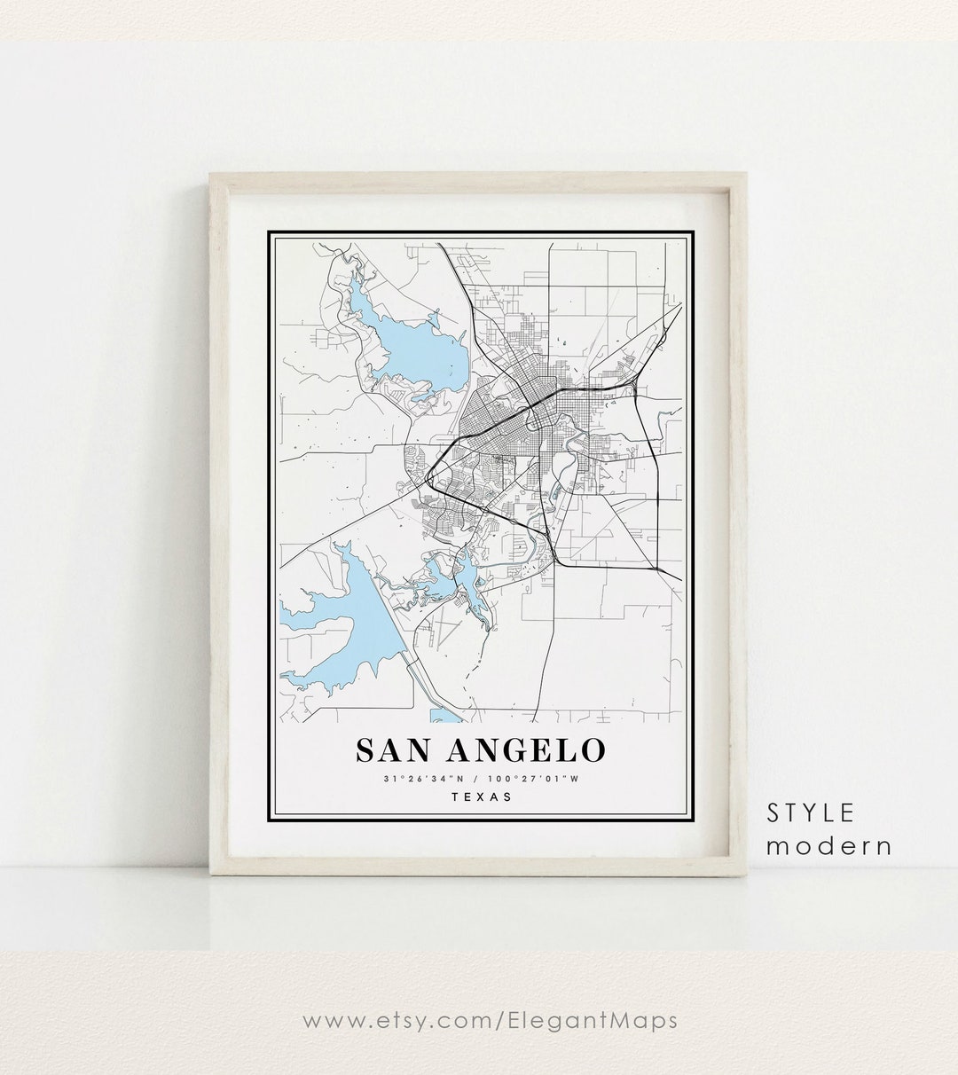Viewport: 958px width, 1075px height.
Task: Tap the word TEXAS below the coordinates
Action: point(481,796)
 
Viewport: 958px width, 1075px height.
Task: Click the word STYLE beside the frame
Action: point(811,812)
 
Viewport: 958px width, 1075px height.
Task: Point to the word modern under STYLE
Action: point(828,845)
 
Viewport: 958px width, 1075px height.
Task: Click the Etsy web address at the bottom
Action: point(490,1020)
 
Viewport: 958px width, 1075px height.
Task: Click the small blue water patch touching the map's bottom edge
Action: point(444,715)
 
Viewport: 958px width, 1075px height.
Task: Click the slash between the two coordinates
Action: point(480,779)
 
